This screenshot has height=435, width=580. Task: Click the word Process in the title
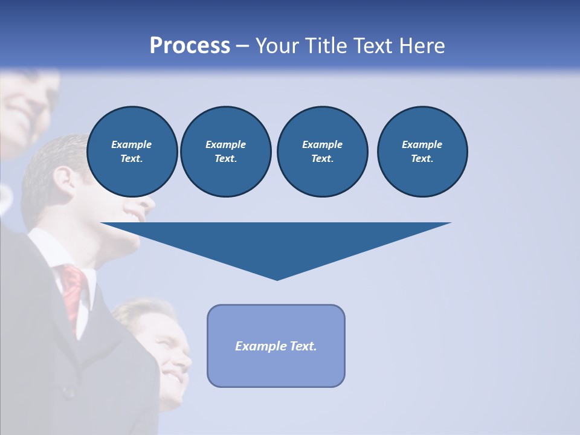(190, 46)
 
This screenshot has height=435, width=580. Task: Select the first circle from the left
(132, 152)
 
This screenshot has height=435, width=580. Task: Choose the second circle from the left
(226, 152)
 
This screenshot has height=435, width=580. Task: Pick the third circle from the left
(322, 152)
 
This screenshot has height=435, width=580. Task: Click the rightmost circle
(422, 152)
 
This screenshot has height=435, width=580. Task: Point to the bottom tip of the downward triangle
(277, 279)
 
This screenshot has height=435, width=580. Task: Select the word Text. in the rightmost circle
(422, 159)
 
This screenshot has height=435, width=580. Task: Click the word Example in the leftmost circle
(132, 144)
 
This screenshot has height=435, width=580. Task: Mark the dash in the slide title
(243, 46)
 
